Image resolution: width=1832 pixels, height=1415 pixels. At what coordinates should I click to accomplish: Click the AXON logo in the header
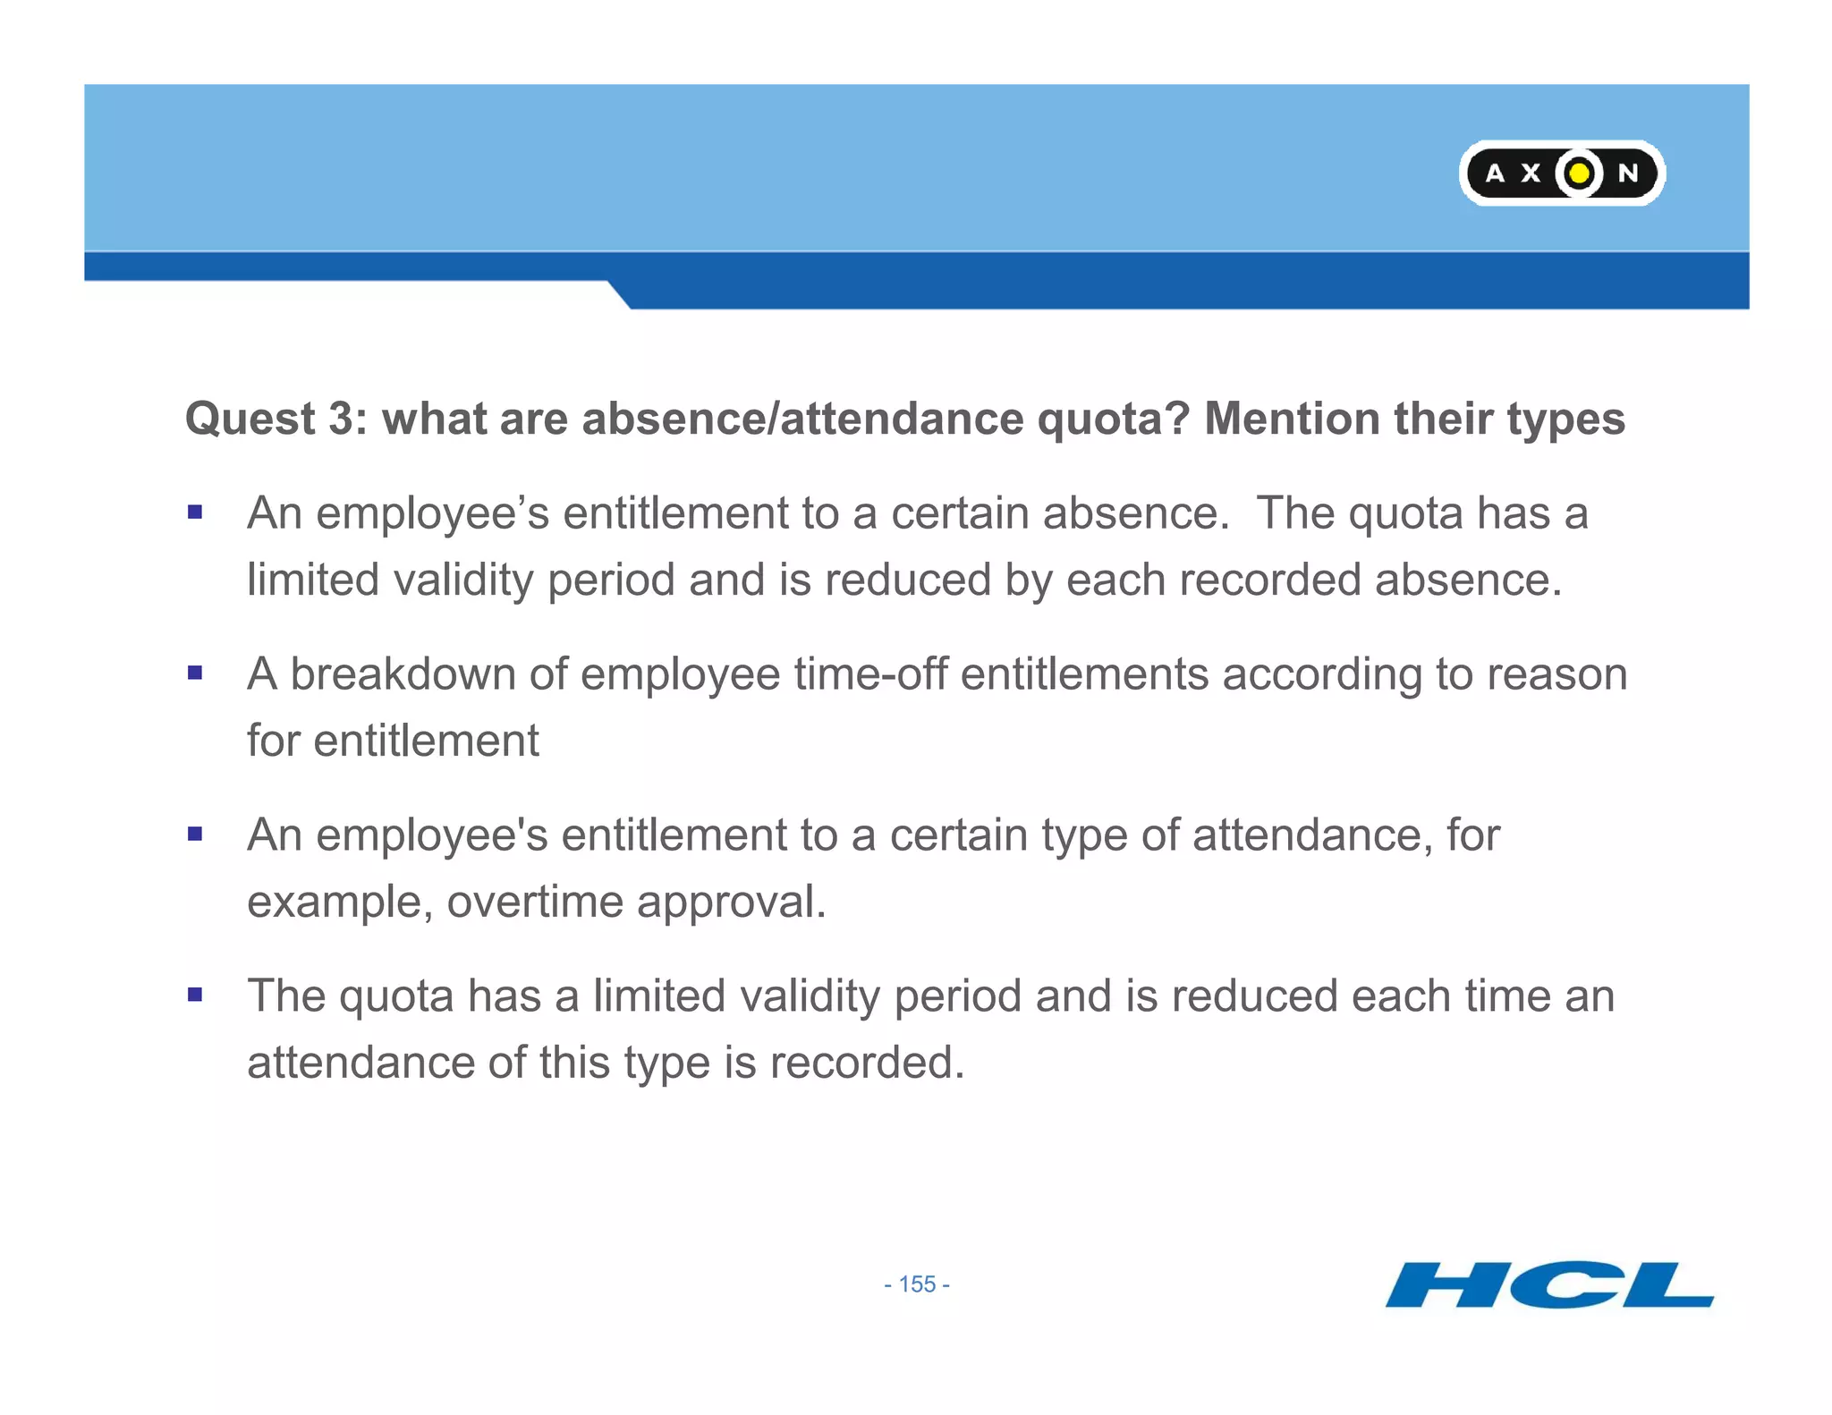(x=1561, y=173)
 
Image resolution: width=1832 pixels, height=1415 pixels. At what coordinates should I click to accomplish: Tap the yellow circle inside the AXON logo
(x=1580, y=172)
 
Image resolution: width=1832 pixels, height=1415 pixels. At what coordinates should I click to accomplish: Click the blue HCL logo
(x=1548, y=1285)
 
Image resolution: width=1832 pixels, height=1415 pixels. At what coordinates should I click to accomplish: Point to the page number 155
(x=917, y=1284)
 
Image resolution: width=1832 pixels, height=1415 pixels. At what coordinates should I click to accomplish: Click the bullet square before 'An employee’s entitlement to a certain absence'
(x=195, y=513)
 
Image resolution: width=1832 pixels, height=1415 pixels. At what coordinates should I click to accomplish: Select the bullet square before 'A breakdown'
(x=195, y=673)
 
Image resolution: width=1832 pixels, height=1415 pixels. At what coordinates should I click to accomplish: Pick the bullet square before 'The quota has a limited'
(x=195, y=994)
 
